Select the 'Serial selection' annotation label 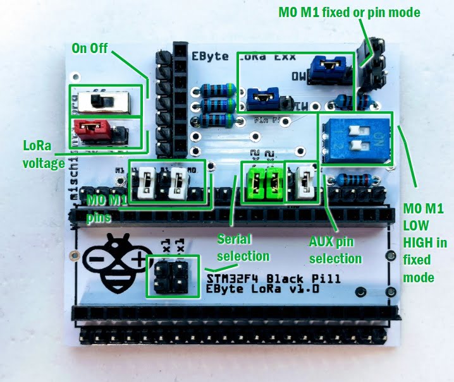coord(243,248)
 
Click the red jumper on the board coord(94,130)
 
